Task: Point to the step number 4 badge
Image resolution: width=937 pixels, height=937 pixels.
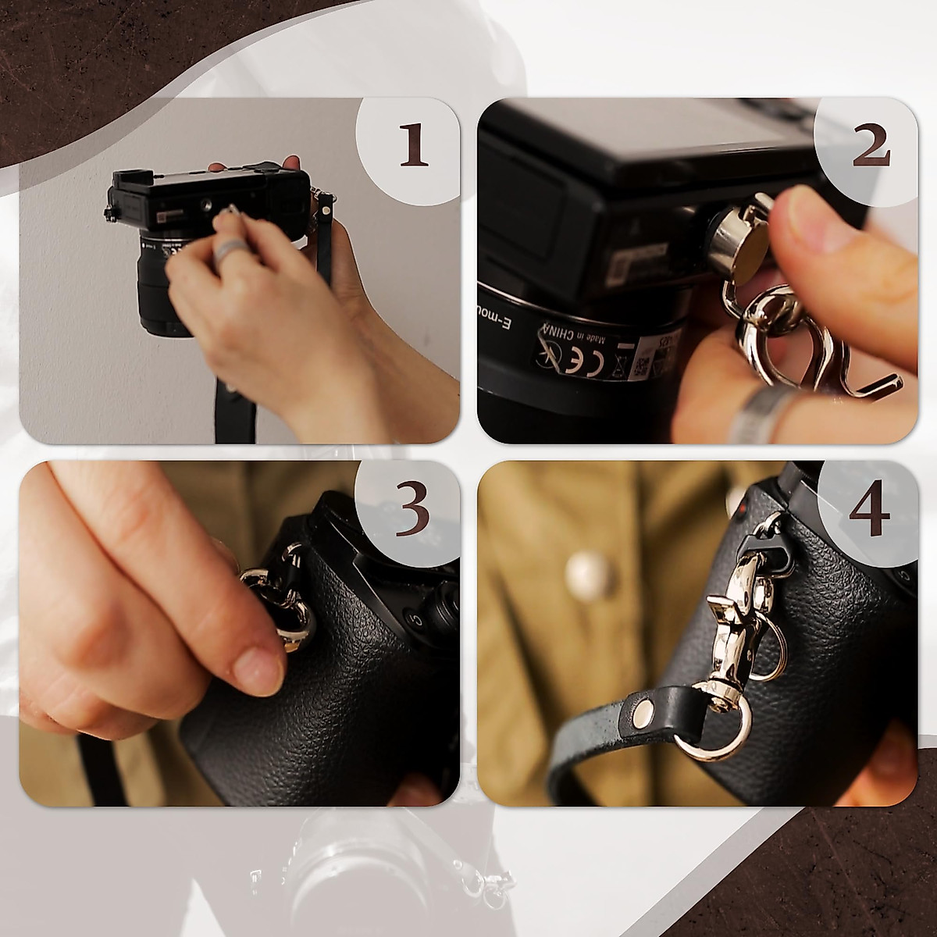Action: pos(870,509)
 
